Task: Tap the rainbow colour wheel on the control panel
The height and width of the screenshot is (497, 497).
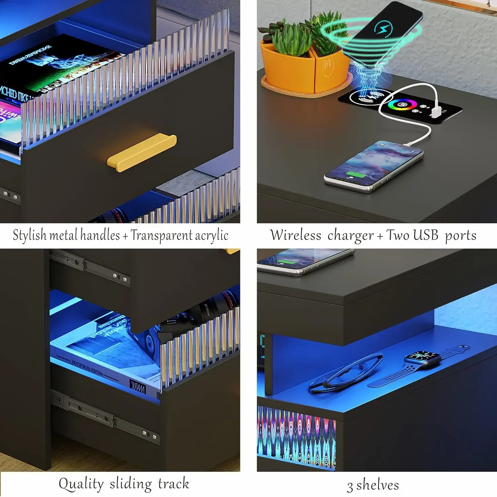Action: pyautogui.click(x=402, y=105)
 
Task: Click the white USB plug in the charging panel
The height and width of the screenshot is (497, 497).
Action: pyautogui.click(x=435, y=112)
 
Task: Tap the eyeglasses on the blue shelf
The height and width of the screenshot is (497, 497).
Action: pyautogui.click(x=345, y=373)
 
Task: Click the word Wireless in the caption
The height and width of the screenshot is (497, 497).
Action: pyautogui.click(x=296, y=235)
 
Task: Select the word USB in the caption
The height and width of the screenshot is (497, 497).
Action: pyautogui.click(x=425, y=235)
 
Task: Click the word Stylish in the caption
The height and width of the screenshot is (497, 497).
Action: pyautogui.click(x=29, y=235)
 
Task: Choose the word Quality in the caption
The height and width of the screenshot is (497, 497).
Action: pyautogui.click(x=81, y=484)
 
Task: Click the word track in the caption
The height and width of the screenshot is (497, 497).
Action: pyautogui.click(x=173, y=484)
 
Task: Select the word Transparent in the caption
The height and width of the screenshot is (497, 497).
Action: pyautogui.click(x=161, y=235)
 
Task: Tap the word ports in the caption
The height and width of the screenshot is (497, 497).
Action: pyautogui.click(x=460, y=236)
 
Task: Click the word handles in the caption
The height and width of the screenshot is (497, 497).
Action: pyautogui.click(x=100, y=235)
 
